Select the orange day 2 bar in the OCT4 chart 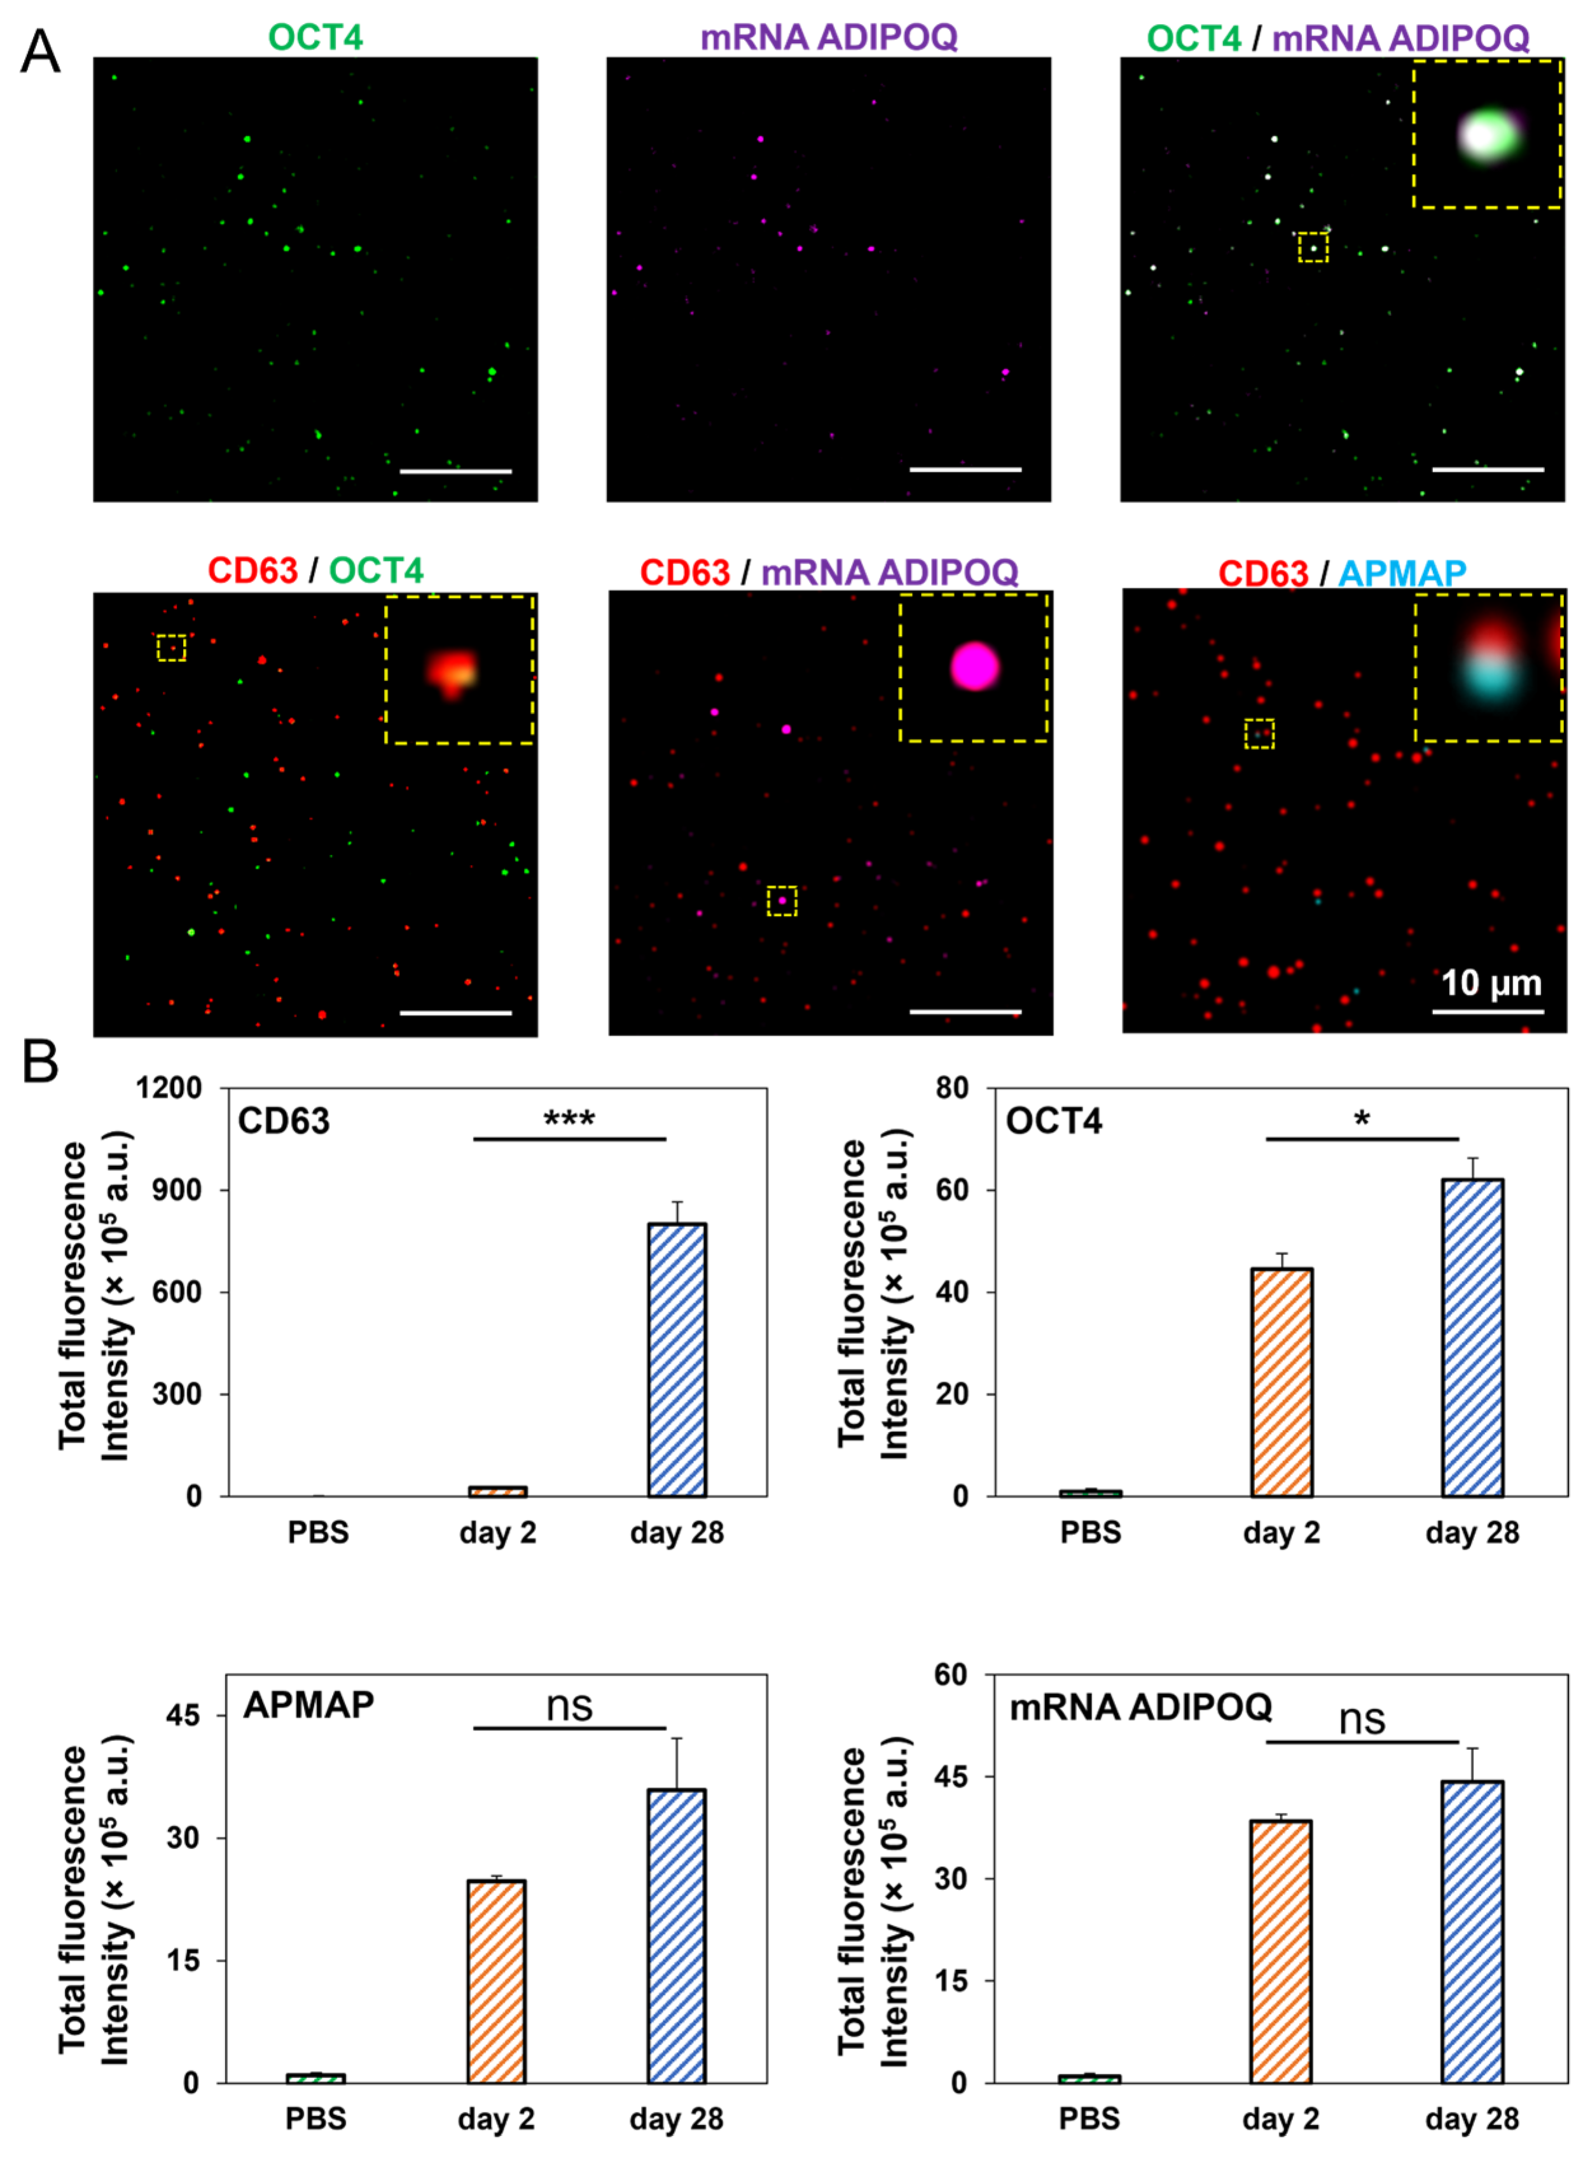tap(1281, 1382)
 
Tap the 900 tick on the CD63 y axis tap(179, 1190)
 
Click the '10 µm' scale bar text tap(1490, 983)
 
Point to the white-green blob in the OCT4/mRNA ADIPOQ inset tap(1485, 135)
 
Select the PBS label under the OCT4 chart tap(1091, 1532)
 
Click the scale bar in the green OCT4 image tap(455, 471)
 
